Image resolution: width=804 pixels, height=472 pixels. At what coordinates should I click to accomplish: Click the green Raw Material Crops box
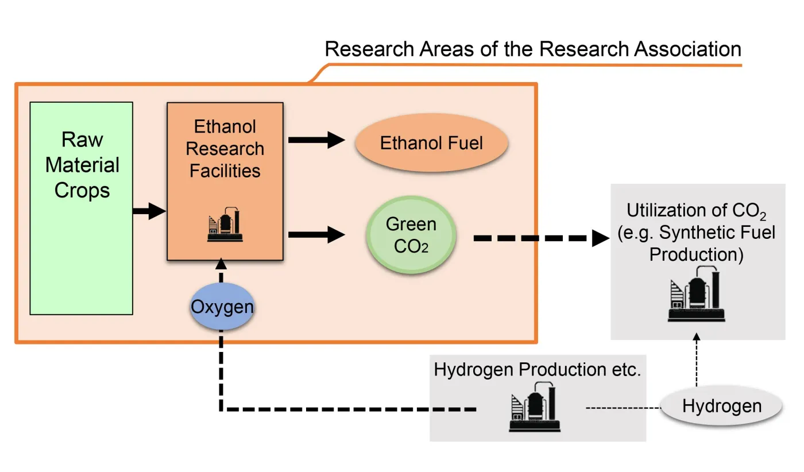81,241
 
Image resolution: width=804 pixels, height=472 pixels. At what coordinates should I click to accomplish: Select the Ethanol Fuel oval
431,142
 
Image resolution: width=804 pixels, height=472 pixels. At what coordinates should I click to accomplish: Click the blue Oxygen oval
222,307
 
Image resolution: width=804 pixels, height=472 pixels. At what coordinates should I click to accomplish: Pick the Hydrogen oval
721,407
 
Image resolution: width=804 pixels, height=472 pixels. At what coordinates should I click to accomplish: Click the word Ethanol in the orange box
225,126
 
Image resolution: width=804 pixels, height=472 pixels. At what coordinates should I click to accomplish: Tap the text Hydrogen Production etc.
537,369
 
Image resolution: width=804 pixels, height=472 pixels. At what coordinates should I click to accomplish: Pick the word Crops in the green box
82,190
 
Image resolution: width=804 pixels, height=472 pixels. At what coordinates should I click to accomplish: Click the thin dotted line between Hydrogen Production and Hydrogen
623,408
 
